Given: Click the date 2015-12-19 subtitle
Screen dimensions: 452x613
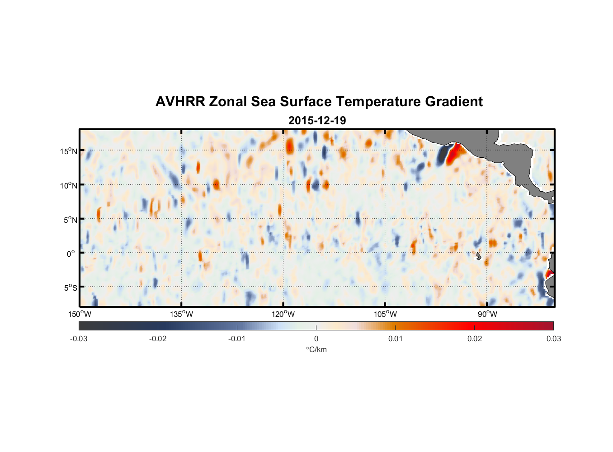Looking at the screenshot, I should point(317,121).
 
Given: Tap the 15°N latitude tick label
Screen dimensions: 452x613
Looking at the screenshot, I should point(69,151).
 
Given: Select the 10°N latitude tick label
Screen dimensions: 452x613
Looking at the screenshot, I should point(69,185).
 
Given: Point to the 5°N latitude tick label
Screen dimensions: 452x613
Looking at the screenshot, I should point(70,220).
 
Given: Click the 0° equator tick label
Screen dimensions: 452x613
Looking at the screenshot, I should point(71,254).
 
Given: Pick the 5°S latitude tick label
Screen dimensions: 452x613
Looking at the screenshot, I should point(70,287).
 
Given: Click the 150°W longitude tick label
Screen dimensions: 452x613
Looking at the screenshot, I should point(80,314).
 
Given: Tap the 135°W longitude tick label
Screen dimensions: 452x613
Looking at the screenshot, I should point(182,314).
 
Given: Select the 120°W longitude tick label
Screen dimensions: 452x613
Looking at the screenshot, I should point(283,314).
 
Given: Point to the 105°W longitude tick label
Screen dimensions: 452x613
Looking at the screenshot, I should point(385,314).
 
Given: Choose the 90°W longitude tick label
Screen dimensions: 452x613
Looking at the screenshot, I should point(487,314).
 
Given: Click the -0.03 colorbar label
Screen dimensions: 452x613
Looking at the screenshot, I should point(79,339).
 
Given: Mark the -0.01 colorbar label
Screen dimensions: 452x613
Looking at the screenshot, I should point(237,339).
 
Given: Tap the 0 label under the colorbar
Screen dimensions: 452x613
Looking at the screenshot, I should point(316,339).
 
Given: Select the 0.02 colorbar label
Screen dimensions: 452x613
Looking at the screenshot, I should point(475,339).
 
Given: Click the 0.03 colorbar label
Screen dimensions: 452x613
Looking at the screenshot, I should point(553,339).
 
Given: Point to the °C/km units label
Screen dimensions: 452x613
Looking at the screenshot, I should point(316,349).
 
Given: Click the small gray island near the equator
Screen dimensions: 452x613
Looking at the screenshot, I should point(478,256).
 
